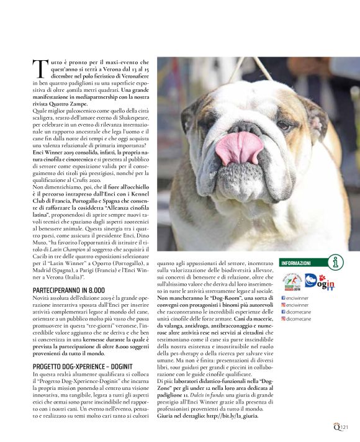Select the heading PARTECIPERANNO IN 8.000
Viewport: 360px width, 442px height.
click(68, 290)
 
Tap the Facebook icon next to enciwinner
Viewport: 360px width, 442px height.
click(284, 298)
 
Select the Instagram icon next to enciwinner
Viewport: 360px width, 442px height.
click(284, 305)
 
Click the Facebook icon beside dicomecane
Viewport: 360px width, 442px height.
click(284, 312)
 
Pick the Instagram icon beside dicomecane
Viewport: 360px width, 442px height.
click(284, 318)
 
